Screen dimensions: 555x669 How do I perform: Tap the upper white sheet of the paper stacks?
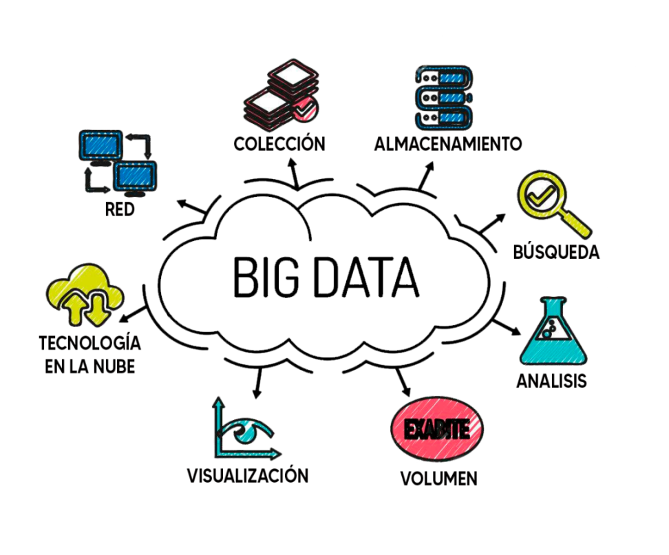pos(293,74)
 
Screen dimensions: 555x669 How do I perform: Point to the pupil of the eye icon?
pos(244,434)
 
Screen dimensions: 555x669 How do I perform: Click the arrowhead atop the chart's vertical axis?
pos(218,401)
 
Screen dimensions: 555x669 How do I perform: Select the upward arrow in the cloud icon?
pos(75,308)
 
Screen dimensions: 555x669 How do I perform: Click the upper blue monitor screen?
pos(100,145)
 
